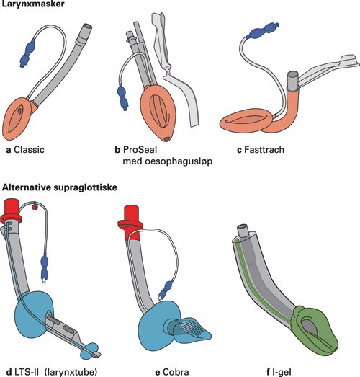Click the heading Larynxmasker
(35, 6)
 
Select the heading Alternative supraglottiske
(60, 187)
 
